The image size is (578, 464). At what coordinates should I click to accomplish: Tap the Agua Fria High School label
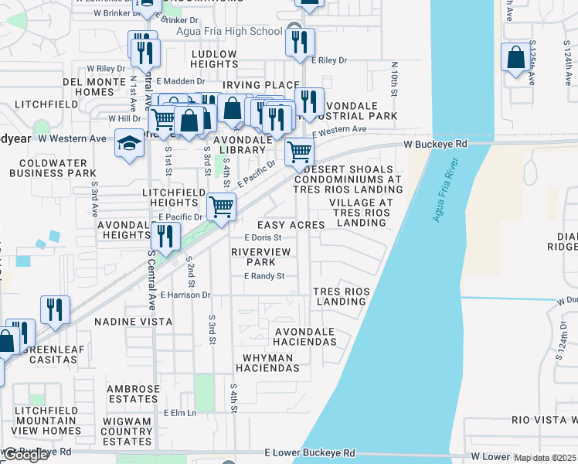point(229,31)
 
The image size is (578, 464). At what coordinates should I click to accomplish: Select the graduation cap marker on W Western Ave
point(129,143)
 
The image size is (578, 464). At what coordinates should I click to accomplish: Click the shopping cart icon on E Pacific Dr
point(222,207)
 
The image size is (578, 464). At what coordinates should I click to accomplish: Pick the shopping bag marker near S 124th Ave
point(515,59)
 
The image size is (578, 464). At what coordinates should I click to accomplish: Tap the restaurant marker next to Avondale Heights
point(165,236)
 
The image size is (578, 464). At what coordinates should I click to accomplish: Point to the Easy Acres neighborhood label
point(296,224)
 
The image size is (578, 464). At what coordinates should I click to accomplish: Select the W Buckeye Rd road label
point(436,144)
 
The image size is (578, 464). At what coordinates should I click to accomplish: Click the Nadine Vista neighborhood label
point(127,320)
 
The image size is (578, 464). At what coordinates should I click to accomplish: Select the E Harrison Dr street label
point(185,295)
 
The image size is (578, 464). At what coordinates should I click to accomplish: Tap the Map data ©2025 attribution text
point(545,458)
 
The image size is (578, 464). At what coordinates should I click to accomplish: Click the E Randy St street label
point(265,276)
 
